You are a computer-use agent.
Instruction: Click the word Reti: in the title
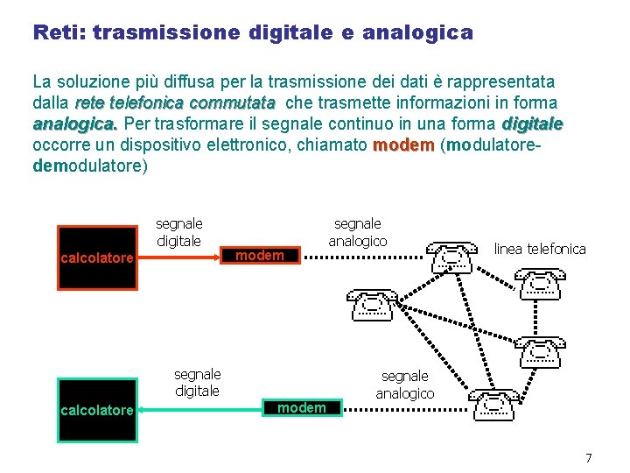click(x=59, y=33)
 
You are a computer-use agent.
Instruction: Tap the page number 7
click(x=588, y=458)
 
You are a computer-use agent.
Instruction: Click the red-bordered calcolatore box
click(x=96, y=258)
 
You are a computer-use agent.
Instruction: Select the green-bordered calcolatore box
click(x=96, y=410)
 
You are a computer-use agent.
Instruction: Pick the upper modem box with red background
click(x=261, y=255)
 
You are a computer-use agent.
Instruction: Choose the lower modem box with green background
click(x=301, y=407)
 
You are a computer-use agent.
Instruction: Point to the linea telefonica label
click(x=540, y=249)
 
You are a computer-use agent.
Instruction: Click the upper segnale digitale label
click(x=178, y=232)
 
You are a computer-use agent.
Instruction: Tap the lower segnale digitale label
click(x=197, y=383)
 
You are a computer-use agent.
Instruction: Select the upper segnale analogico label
click(x=357, y=232)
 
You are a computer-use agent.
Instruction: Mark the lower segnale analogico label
click(x=404, y=385)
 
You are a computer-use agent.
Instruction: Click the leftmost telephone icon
click(x=373, y=304)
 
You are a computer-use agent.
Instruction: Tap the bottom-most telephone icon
click(x=493, y=405)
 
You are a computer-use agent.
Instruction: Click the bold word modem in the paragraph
click(x=403, y=146)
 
